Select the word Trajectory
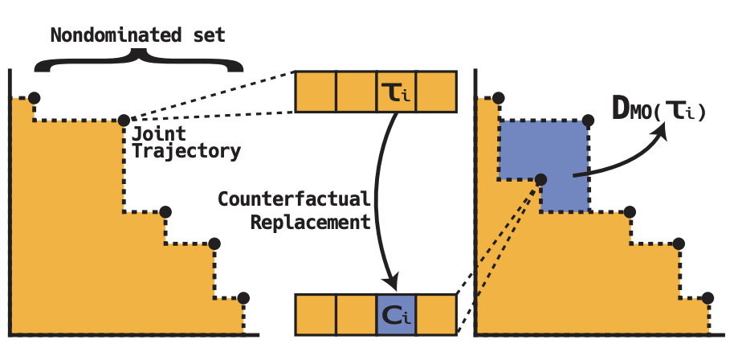(x=186, y=150)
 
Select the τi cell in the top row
(x=396, y=92)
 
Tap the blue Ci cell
(x=396, y=314)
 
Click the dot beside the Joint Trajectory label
(x=123, y=121)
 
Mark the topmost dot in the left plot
(x=33, y=98)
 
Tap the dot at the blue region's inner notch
(x=540, y=180)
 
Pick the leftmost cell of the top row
(x=316, y=92)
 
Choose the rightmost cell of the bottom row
(x=436, y=314)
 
